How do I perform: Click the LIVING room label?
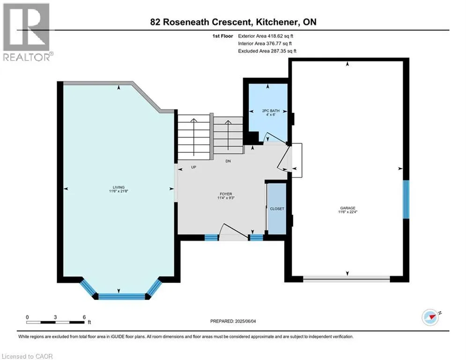[x=118, y=187]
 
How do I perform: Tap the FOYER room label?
[x=227, y=194]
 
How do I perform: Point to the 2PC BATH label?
[x=267, y=111]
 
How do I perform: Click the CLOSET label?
[x=277, y=209]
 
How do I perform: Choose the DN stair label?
[x=228, y=161]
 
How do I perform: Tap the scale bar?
[x=56, y=322]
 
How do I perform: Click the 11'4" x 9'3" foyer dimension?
[x=227, y=199]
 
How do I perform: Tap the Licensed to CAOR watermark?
[x=27, y=356]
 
